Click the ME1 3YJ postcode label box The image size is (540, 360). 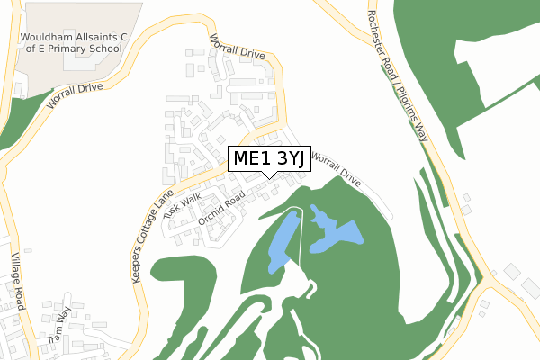267,159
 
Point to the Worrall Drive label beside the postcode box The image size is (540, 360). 336,169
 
